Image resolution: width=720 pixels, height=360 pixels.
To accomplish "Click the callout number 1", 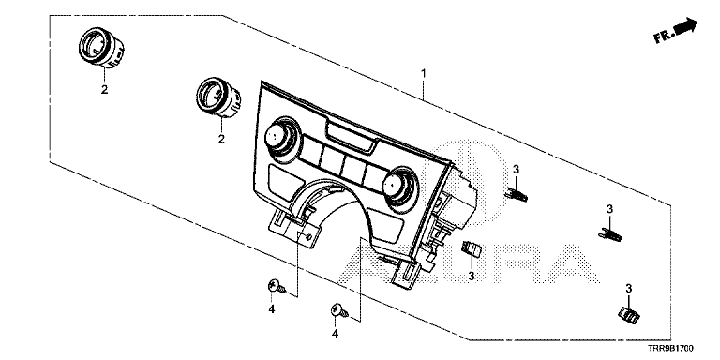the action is pos(424,73).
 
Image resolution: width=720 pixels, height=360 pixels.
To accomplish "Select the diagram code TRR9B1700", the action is pos(671,349).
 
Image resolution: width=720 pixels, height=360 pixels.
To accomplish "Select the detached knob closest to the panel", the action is pos(217,97).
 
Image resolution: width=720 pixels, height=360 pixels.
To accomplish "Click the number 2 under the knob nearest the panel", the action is pos(221,139).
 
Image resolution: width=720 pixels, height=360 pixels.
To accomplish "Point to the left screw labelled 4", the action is pos(276,288).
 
